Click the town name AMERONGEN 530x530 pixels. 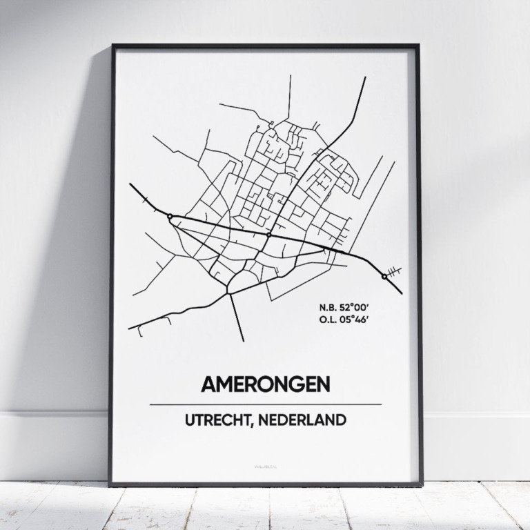(x=265, y=384)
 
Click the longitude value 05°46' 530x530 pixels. (x=361, y=318)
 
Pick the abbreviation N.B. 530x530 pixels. (x=330, y=306)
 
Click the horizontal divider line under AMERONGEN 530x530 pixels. (x=265, y=404)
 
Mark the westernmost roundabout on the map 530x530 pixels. (x=170, y=217)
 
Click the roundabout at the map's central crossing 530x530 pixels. (x=268, y=235)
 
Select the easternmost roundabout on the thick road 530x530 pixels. (x=384, y=276)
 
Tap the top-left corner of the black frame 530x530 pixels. (x=113, y=46)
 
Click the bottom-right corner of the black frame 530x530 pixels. (x=420, y=484)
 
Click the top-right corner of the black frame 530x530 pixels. (x=418, y=46)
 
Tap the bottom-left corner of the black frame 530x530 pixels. (x=110, y=484)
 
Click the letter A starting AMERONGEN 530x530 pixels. (x=208, y=384)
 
